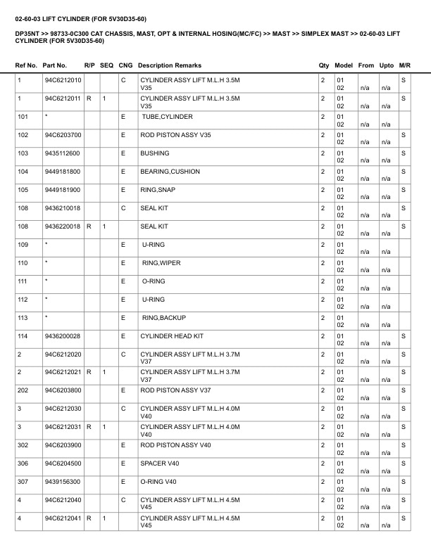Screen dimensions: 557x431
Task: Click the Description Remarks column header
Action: click(170, 65)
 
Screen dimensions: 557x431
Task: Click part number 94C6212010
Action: click(63, 81)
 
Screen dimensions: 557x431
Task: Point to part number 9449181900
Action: click(62, 190)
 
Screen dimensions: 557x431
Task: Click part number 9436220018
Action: click(62, 226)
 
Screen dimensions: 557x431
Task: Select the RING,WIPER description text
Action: click(161, 263)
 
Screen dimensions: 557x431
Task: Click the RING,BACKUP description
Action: click(164, 318)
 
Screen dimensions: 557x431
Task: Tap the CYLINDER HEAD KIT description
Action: click(172, 336)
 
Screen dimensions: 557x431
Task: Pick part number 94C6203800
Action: click(63, 390)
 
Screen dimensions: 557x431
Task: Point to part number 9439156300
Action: click(62, 482)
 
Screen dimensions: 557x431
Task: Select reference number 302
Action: click(23, 445)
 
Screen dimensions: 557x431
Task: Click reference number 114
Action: click(23, 336)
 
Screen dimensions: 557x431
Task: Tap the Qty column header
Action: click(324, 65)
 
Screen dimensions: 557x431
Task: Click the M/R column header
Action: click(404, 65)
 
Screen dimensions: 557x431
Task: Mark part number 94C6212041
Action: click(63, 518)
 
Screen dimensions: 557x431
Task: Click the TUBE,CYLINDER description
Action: click(167, 117)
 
